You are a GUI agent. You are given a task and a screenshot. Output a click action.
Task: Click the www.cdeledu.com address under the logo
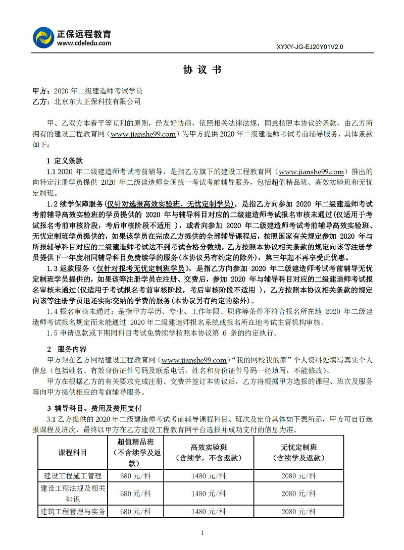pos(84,43)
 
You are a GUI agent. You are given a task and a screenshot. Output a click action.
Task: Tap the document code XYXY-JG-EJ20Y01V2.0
pos(310,47)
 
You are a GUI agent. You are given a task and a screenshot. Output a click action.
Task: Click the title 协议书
pos(202,70)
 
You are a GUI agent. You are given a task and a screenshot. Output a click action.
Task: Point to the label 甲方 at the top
pos(40,91)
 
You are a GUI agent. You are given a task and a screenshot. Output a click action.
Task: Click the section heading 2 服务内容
pos(66,349)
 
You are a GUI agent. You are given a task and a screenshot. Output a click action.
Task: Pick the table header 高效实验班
pos(209,447)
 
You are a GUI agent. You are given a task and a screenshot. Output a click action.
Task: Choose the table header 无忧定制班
pos(299,447)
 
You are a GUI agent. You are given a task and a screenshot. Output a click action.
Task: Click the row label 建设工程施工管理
pos(73,475)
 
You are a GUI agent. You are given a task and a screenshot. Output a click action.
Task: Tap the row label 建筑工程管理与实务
pos(73,511)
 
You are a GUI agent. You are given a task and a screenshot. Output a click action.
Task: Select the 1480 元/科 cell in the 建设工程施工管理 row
pos(209,475)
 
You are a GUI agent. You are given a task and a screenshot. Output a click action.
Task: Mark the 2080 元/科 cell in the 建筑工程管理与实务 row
pos(299,511)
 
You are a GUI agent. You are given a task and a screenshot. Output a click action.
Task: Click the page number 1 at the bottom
pos(202,533)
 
